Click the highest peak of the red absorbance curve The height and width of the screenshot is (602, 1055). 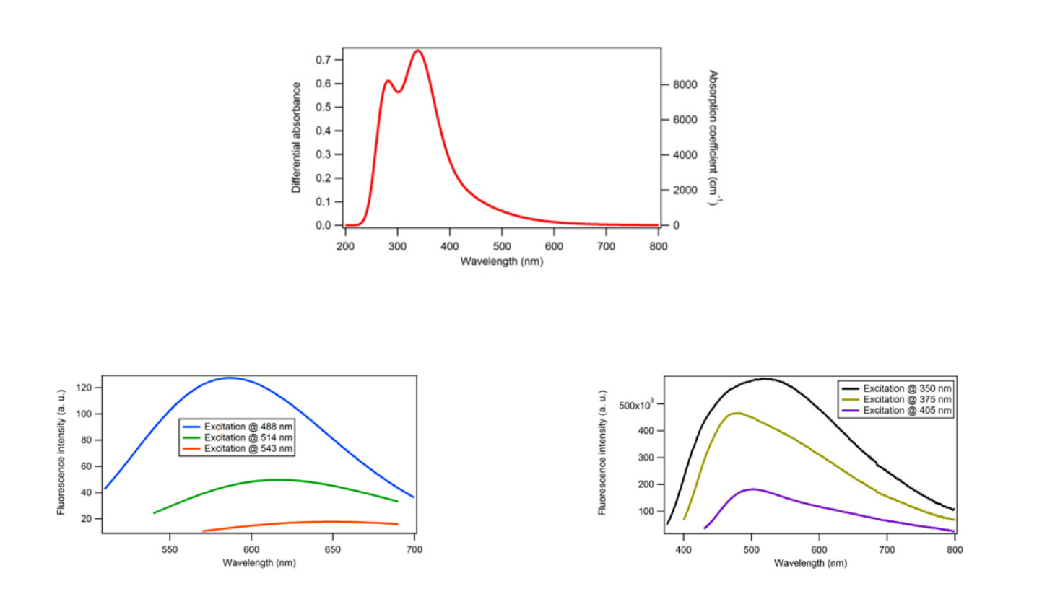tap(418, 51)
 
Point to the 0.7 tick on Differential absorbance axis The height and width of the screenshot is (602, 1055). tap(323, 60)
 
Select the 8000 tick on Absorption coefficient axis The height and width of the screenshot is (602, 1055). tap(685, 84)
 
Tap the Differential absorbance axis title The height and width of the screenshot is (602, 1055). tap(296, 137)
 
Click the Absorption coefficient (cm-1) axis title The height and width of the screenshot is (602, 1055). tap(714, 137)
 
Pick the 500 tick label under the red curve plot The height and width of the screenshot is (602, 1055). tap(502, 246)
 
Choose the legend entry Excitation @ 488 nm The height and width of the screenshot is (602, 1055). tap(238, 427)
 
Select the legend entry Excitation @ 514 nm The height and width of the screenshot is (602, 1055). tap(238, 437)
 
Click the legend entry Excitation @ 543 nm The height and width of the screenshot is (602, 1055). tap(238, 448)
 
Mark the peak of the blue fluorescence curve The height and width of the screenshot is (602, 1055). tap(230, 378)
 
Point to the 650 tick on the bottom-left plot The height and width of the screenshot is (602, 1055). tap(332, 550)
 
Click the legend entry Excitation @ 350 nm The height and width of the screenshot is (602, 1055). tap(896, 388)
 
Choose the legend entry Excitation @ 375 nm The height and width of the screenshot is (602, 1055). tap(896, 399)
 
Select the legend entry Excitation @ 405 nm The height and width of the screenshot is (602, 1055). tap(896, 410)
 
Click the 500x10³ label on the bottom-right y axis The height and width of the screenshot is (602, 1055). tap(636, 404)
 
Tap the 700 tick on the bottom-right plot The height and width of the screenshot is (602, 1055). tap(887, 550)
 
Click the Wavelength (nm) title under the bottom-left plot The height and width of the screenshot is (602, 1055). tap(259, 562)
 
